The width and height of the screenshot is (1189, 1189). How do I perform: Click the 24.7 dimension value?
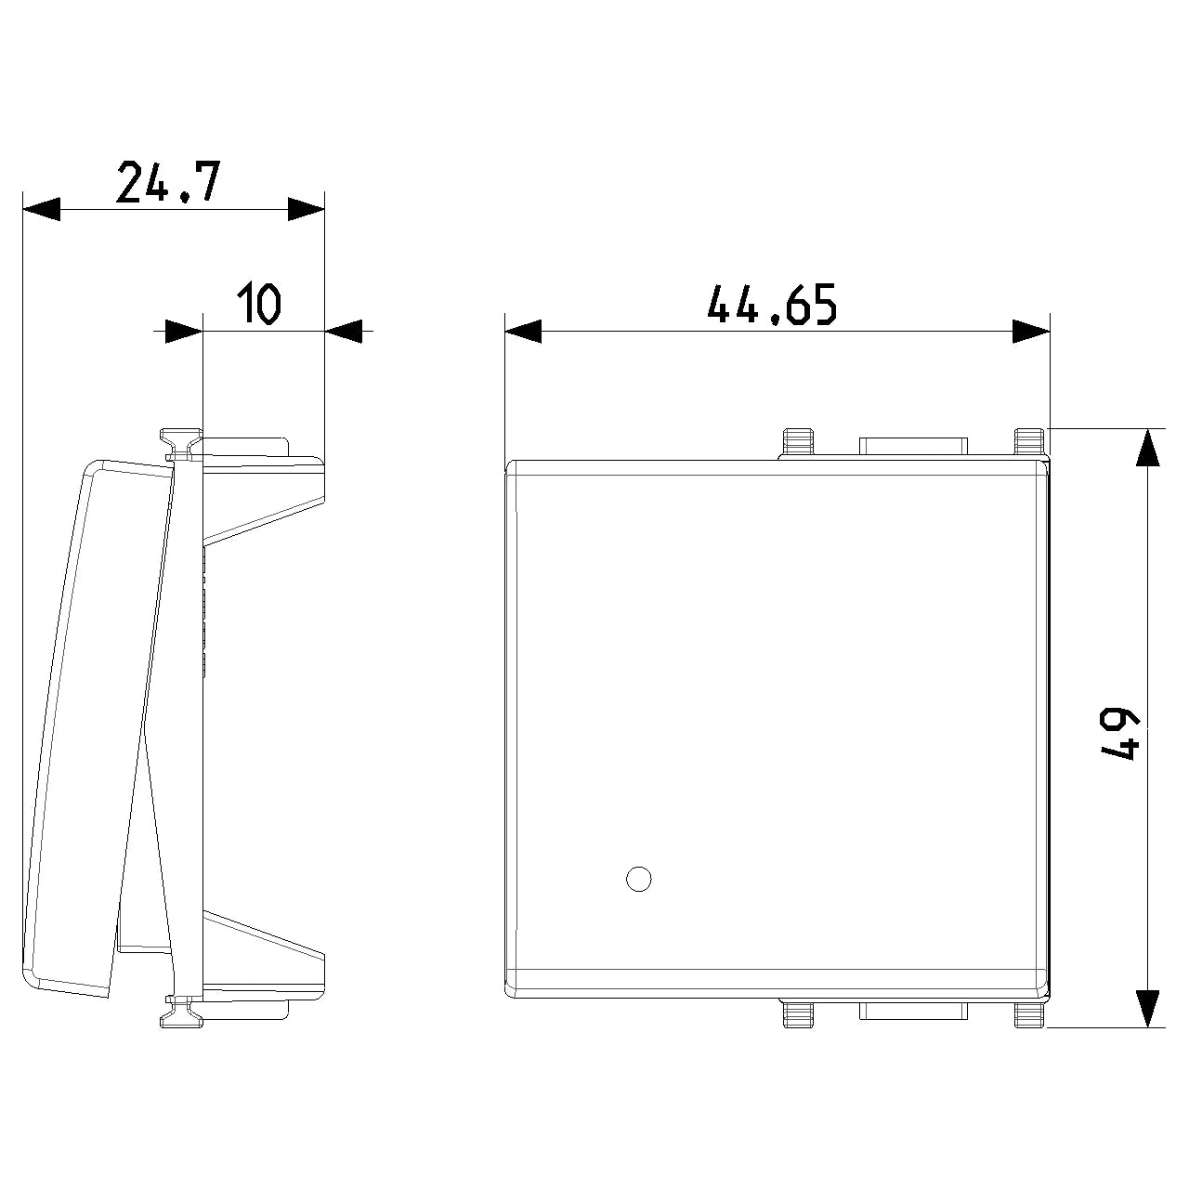coord(168,182)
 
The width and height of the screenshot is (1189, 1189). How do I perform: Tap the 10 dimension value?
coord(259,302)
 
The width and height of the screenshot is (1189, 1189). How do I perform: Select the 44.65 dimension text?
coord(772,304)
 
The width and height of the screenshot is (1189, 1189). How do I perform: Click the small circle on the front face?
coord(638,879)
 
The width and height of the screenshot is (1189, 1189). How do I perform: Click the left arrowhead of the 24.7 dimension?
coord(42,209)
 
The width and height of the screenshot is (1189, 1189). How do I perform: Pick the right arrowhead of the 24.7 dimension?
coord(306,209)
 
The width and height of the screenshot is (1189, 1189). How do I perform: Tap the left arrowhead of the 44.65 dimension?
coord(523,332)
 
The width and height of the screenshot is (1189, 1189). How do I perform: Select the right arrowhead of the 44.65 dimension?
coord(1031,332)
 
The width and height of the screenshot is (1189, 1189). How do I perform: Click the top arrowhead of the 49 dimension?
coord(1147,447)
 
